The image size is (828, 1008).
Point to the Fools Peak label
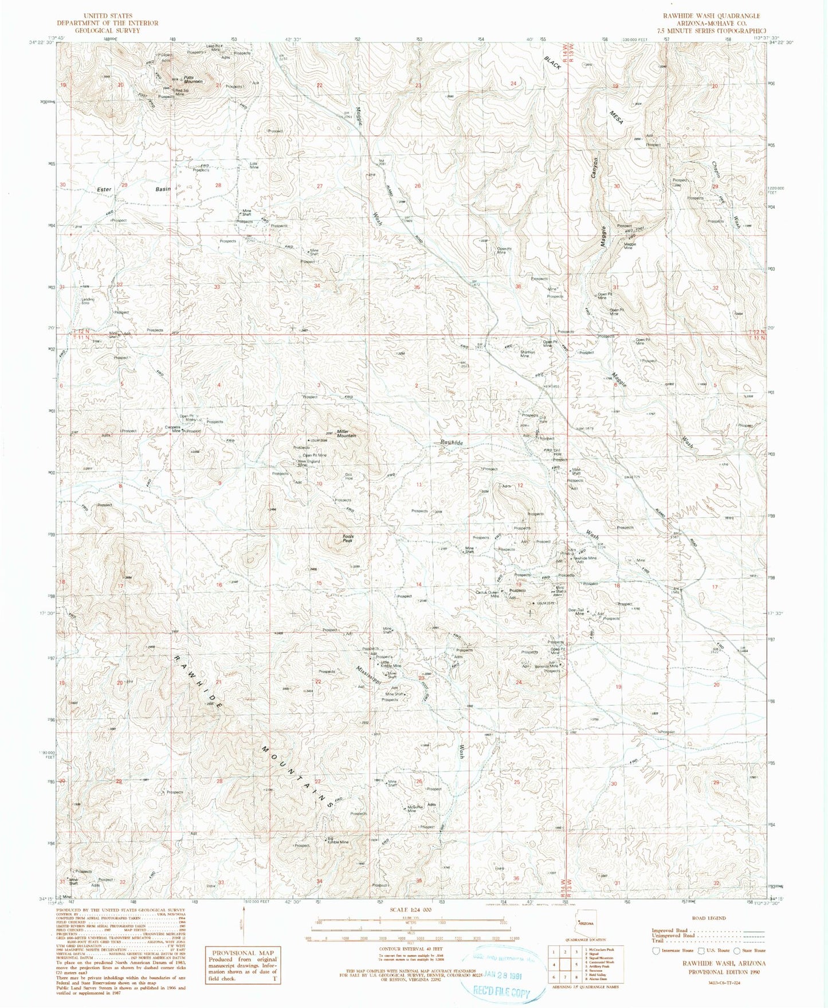point(348,538)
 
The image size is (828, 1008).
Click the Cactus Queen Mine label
point(495,595)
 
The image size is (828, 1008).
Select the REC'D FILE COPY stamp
point(500,993)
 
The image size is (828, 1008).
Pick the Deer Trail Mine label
point(575,612)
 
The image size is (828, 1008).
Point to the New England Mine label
point(308,463)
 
